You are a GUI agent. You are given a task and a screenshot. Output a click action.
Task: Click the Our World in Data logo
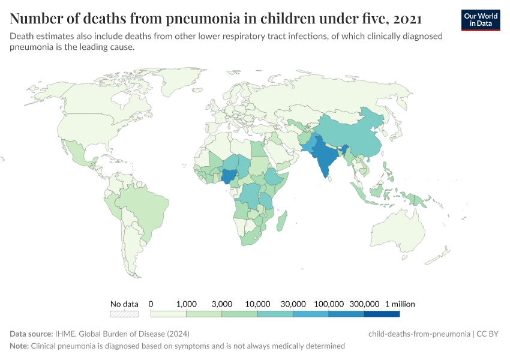click(x=480, y=19)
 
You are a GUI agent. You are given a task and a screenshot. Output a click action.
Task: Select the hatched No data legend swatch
click(x=124, y=313)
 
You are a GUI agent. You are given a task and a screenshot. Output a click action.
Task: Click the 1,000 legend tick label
click(x=187, y=304)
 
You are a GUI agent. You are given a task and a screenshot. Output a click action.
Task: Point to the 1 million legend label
click(x=400, y=304)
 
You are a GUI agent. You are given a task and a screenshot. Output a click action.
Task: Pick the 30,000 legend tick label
click(x=293, y=304)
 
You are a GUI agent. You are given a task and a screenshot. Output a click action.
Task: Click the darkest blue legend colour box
click(x=382, y=313)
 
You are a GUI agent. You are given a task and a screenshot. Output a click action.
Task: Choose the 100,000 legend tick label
click(x=329, y=304)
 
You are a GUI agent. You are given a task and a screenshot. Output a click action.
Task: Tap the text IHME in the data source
click(x=62, y=334)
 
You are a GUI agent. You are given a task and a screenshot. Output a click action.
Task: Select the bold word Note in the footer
click(x=19, y=346)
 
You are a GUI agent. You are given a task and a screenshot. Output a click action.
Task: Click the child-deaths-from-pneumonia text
click(x=418, y=334)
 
